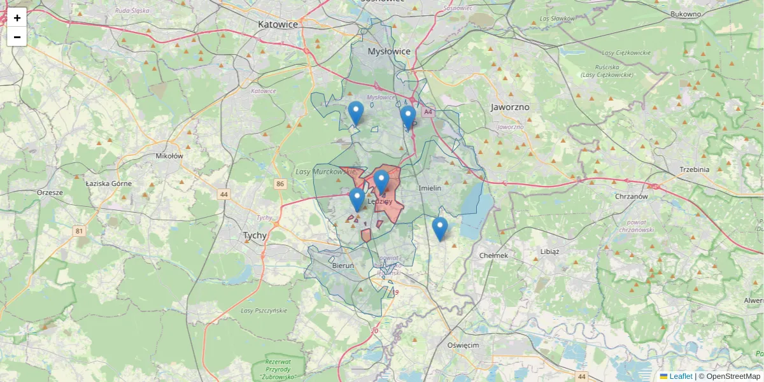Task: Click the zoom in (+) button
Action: [x=17, y=18]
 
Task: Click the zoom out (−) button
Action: [x=17, y=37]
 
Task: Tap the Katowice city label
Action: [x=278, y=24]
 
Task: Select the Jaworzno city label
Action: [x=510, y=107]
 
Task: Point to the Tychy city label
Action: [x=255, y=235]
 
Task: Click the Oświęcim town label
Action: [x=463, y=344]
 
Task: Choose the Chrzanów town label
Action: [x=632, y=197]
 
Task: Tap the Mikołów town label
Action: [x=169, y=155]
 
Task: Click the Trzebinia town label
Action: [x=695, y=169]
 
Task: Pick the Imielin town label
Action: [x=430, y=188]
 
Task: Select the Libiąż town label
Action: [x=549, y=251]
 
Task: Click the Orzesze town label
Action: [x=50, y=192]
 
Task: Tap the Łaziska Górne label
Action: [x=109, y=183]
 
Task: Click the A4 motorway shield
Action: [x=428, y=112]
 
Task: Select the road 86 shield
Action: [x=280, y=184]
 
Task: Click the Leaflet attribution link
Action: [x=680, y=376]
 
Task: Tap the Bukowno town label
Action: [x=686, y=13]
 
